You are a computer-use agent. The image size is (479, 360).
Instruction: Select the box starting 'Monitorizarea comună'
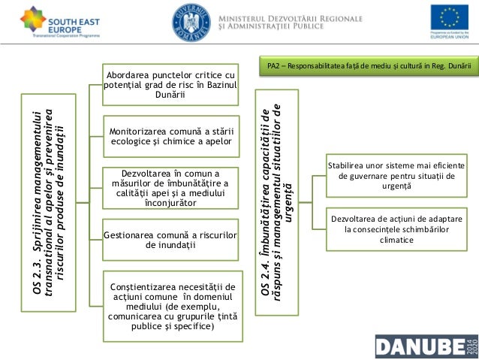click(x=170, y=135)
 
